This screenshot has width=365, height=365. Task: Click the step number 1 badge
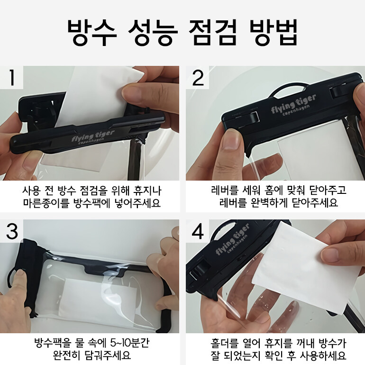coord(12,77)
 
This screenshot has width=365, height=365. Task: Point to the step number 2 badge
coord(198,77)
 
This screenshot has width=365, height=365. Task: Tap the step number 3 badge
coord(12,231)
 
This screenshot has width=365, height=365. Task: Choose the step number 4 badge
coord(198,231)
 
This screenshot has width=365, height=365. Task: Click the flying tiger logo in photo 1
coord(93,137)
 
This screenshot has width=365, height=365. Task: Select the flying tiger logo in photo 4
coord(233,239)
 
